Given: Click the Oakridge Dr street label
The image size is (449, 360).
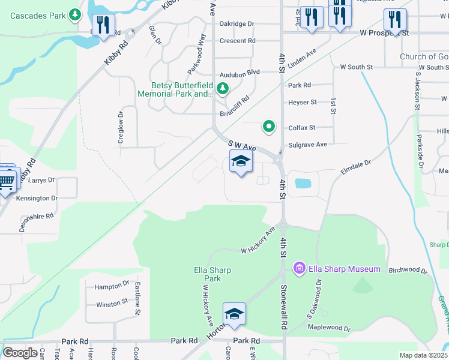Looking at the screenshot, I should [x=237, y=23].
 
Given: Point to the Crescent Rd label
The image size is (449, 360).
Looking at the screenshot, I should [x=237, y=41].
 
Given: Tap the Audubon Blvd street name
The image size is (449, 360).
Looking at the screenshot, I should [x=240, y=72].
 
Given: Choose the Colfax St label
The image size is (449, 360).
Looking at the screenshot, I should [x=301, y=127].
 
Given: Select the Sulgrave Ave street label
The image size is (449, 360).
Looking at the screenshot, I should [x=307, y=145].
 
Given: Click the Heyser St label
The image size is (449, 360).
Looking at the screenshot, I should [x=302, y=103].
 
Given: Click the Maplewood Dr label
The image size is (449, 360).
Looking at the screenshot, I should [x=329, y=328].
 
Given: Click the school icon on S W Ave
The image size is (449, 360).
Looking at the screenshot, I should [x=241, y=161].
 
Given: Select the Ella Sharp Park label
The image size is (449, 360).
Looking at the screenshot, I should [x=212, y=274].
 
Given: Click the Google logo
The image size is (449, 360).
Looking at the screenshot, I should [x=20, y=353].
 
